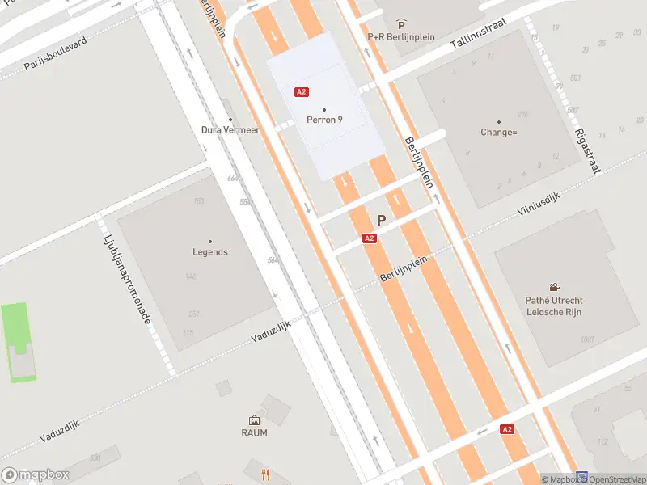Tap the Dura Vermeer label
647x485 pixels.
click(x=230, y=129)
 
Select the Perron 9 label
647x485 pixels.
click(x=324, y=120)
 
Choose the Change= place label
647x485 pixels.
click(x=498, y=132)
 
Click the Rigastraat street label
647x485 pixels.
click(x=588, y=150)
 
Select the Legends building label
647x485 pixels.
click(x=210, y=251)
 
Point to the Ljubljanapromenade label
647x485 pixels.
click(x=127, y=280)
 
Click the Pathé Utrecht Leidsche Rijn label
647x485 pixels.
click(x=554, y=306)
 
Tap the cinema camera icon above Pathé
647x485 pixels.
click(x=554, y=287)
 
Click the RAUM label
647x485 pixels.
click(x=255, y=432)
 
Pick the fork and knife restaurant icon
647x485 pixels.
click(x=264, y=474)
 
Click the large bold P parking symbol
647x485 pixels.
click(x=381, y=220)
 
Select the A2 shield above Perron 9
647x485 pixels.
click(x=302, y=92)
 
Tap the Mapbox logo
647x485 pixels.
click(x=36, y=475)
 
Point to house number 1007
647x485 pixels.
click(x=587, y=339)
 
